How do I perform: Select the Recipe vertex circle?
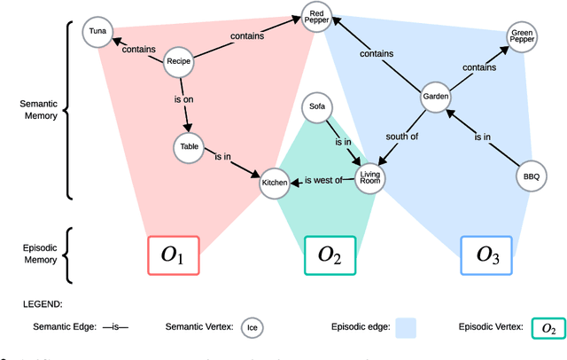(x=179, y=61)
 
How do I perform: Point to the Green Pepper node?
(x=521, y=37)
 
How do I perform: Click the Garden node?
(x=435, y=97)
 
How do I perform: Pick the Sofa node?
(x=316, y=107)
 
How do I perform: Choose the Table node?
(x=190, y=147)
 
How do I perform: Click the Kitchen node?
(x=275, y=184)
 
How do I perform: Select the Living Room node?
(x=372, y=179)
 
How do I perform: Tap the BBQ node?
(x=530, y=176)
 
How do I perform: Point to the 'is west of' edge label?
(x=323, y=180)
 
